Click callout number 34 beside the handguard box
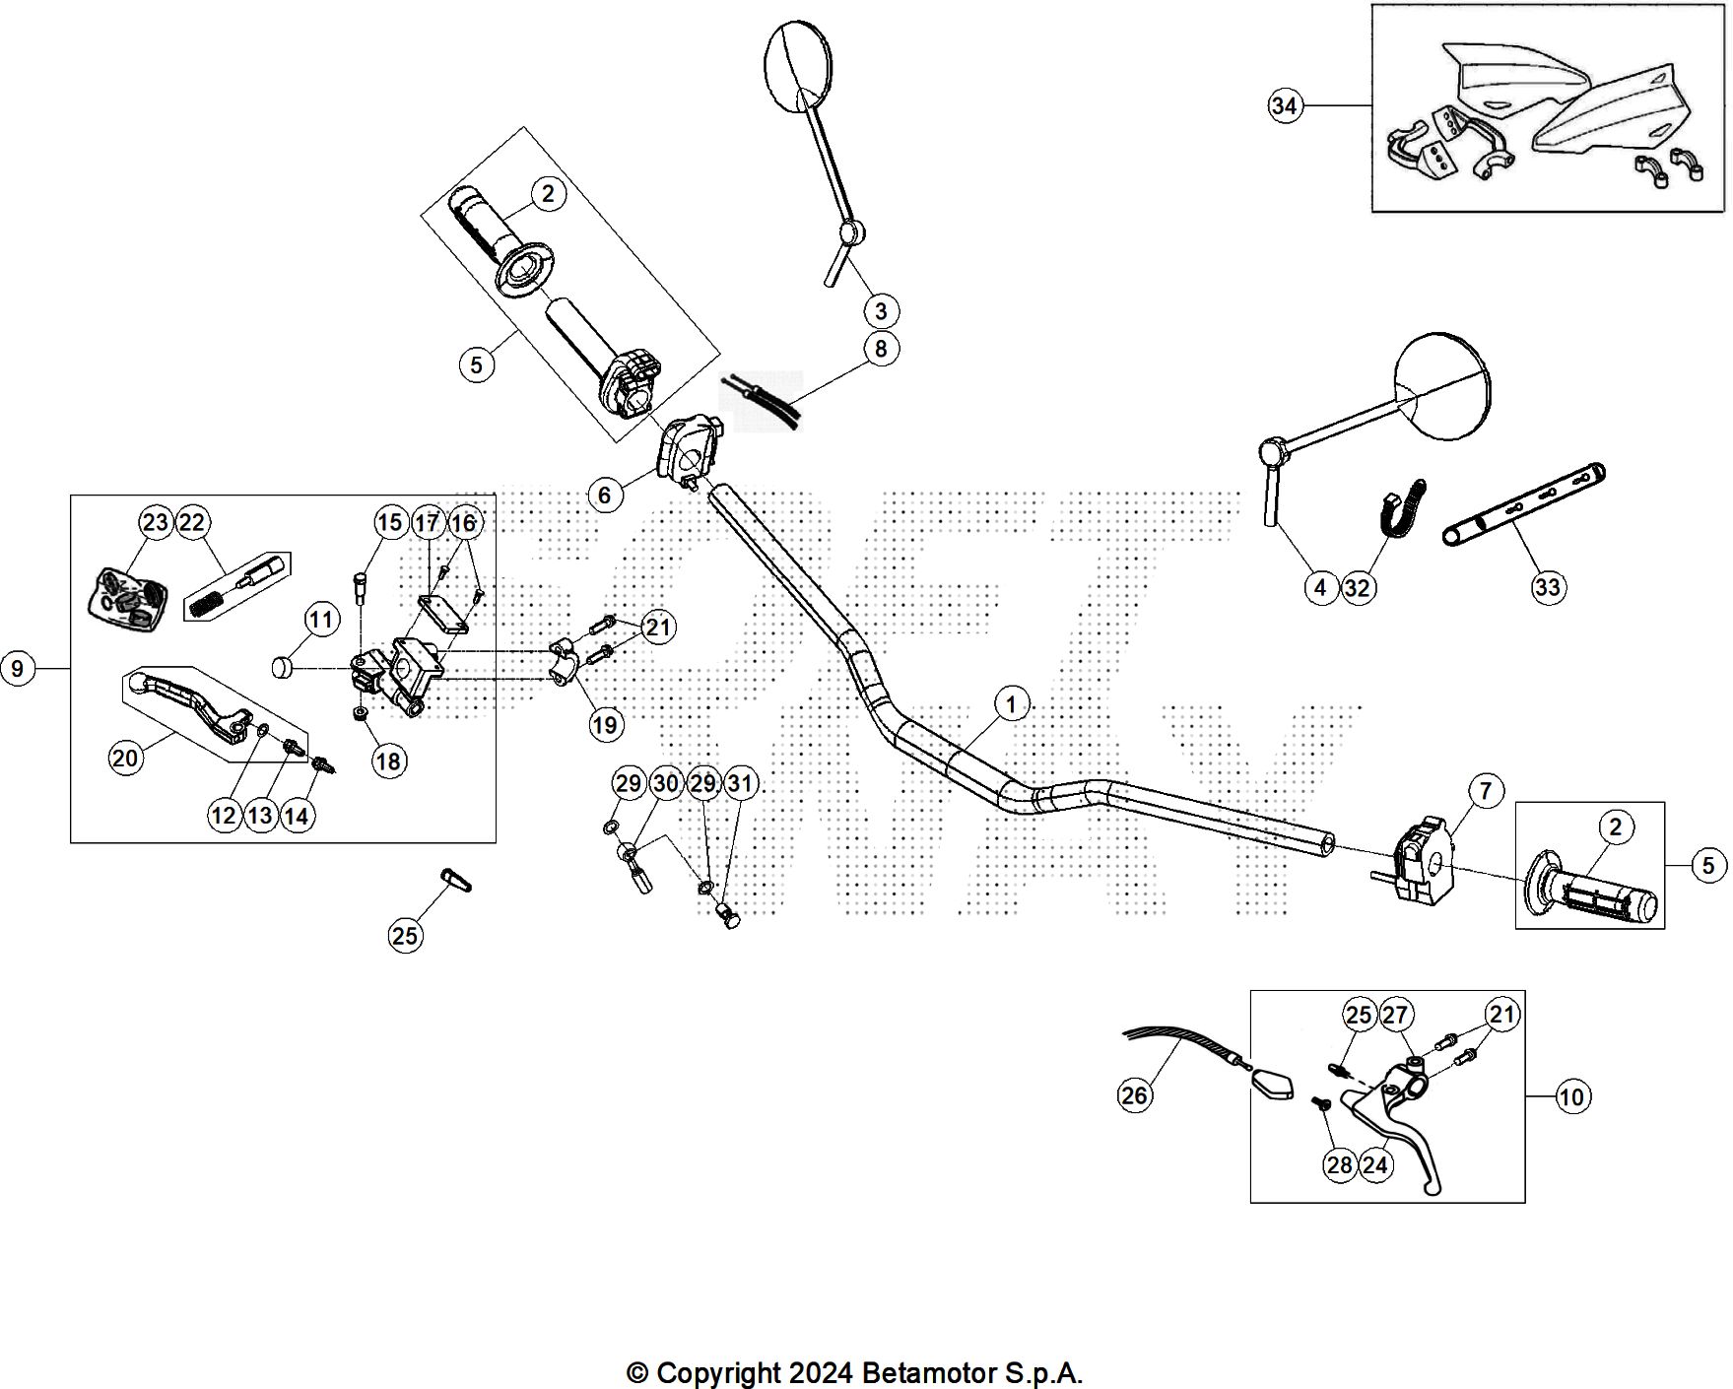[1284, 105]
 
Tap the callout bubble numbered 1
[1011, 704]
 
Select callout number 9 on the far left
[17, 669]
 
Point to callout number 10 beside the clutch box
[1572, 1096]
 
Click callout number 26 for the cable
[1135, 1094]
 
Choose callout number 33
[1548, 587]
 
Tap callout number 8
[881, 348]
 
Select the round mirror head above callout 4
[1441, 384]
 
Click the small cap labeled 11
[284, 669]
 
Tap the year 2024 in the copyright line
[817, 1372]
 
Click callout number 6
[605, 494]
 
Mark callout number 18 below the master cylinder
[388, 761]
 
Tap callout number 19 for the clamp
[605, 725]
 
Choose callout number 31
[740, 784]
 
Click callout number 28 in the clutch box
[1340, 1165]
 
